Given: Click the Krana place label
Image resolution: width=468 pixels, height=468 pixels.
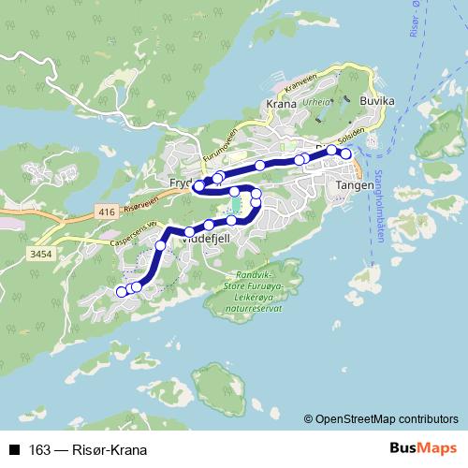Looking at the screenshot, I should coord(281,105).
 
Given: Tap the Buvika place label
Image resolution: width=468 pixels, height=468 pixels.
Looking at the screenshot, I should coord(377,99).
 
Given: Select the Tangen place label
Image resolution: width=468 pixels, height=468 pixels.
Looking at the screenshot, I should coord(354,186).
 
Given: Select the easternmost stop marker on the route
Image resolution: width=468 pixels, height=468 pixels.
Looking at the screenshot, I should coord(345,154).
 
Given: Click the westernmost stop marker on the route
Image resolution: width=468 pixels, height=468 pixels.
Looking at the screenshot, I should coord(121,292).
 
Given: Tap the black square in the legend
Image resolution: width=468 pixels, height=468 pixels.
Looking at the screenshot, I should coord(14,450).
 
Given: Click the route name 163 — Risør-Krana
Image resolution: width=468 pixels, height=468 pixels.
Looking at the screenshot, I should coord(89,450).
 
